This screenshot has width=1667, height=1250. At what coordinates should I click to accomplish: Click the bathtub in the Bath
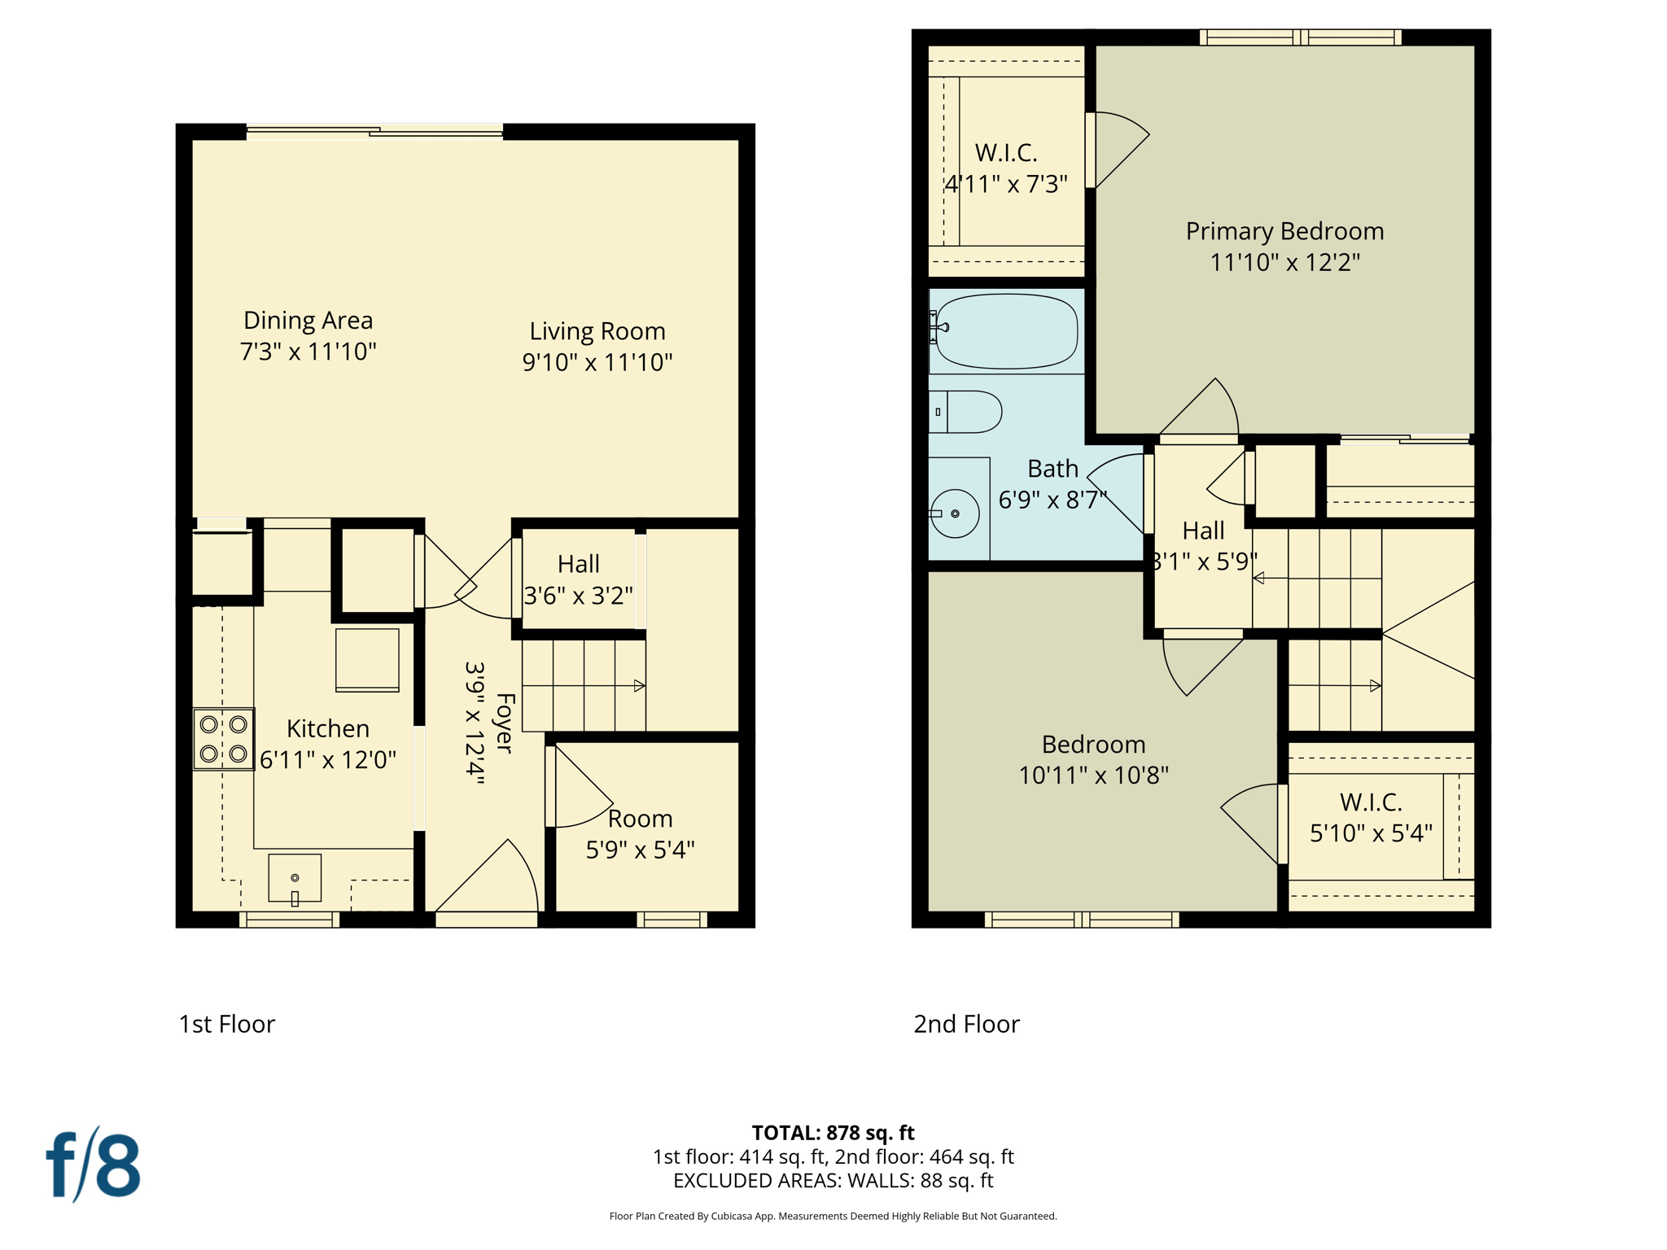coord(1007,331)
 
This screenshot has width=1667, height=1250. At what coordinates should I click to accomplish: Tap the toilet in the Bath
coord(969,412)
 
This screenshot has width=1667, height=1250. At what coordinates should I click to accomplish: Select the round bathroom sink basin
coord(955,514)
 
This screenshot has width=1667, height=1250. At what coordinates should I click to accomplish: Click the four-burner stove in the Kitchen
coord(224,739)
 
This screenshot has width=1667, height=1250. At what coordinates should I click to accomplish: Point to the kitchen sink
coord(295,878)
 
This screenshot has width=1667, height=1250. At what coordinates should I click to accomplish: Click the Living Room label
coord(597,331)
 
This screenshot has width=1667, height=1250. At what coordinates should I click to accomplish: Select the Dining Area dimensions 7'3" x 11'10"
coord(308,352)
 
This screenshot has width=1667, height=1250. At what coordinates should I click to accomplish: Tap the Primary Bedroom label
coord(1284,231)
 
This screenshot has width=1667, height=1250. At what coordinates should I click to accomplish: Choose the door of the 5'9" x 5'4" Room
coord(580,788)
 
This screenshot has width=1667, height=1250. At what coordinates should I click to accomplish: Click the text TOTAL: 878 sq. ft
coord(833,1133)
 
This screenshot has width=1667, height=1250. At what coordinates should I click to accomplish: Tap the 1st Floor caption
coord(227,1024)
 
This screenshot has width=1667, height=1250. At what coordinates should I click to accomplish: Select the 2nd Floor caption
coord(966,1024)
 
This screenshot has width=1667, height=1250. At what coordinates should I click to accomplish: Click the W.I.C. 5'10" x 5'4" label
coord(1371,817)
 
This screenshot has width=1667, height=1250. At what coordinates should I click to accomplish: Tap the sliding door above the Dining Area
coord(374,131)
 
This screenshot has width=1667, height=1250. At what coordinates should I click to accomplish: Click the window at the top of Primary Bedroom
coord(1300,37)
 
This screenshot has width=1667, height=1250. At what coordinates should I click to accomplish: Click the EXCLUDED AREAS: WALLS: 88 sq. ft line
coord(833,1181)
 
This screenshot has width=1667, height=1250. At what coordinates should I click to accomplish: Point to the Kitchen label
coord(328,728)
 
